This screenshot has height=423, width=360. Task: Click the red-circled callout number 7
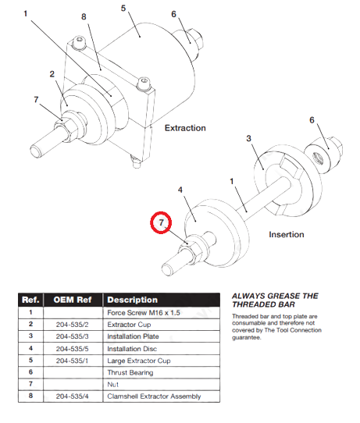click(161, 222)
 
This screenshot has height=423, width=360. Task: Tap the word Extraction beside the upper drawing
click(185, 128)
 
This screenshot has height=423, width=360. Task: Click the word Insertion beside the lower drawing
click(287, 234)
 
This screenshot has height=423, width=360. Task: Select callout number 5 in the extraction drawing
click(123, 8)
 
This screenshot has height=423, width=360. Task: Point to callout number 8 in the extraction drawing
click(84, 16)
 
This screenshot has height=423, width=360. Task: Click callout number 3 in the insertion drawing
click(248, 138)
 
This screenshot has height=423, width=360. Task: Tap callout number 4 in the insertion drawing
click(180, 190)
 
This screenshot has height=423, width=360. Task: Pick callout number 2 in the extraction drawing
click(52, 74)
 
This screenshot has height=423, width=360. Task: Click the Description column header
click(132, 300)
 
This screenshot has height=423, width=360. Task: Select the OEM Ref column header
click(73, 300)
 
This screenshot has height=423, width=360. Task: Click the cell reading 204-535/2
click(72, 325)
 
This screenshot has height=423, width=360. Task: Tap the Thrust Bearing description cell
click(130, 372)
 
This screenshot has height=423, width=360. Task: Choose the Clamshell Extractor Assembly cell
click(154, 396)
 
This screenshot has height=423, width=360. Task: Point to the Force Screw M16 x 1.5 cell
click(144, 313)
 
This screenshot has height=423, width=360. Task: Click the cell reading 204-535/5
click(72, 349)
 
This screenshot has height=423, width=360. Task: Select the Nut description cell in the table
click(112, 385)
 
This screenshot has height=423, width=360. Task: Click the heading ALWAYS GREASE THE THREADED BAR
click(275, 300)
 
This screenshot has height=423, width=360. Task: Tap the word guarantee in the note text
click(247, 337)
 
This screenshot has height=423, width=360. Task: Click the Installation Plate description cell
click(133, 336)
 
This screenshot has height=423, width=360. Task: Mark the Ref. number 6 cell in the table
click(30, 372)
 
